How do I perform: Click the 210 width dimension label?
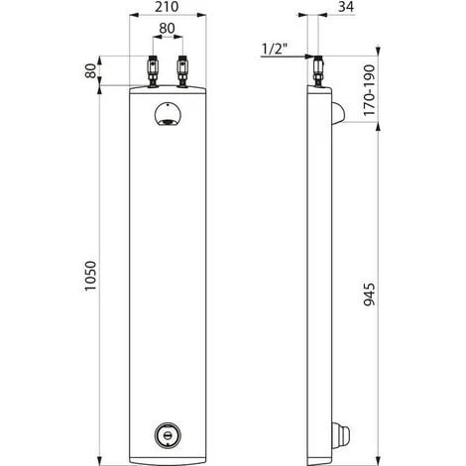click(167, 7)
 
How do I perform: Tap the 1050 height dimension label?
click(90, 276)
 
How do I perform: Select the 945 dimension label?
click(370, 294)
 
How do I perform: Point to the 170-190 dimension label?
click(370, 90)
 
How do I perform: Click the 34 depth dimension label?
click(346, 7)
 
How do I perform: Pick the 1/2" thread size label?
click(274, 49)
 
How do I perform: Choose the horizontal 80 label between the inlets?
click(167, 29)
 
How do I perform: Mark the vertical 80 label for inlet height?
click(90, 70)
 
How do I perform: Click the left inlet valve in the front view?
click(153, 71)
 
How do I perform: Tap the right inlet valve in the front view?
click(182, 71)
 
